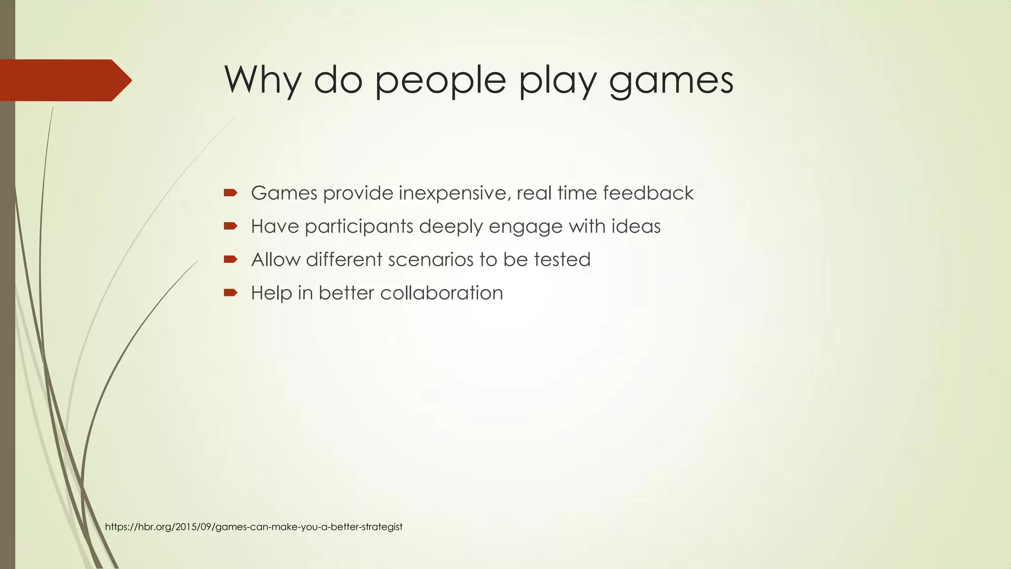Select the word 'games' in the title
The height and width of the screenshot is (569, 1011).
(x=671, y=81)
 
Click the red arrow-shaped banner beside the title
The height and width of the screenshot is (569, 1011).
(x=64, y=80)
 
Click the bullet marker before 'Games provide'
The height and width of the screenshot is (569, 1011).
(x=230, y=193)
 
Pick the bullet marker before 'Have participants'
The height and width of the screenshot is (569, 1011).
(x=230, y=226)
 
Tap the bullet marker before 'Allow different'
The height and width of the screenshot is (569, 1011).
(x=230, y=259)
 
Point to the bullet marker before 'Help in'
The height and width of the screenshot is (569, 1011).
(x=230, y=293)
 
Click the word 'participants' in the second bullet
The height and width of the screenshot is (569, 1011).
(x=359, y=227)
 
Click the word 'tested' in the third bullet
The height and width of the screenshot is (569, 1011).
(x=562, y=260)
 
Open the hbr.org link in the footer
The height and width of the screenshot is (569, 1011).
(x=254, y=527)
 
